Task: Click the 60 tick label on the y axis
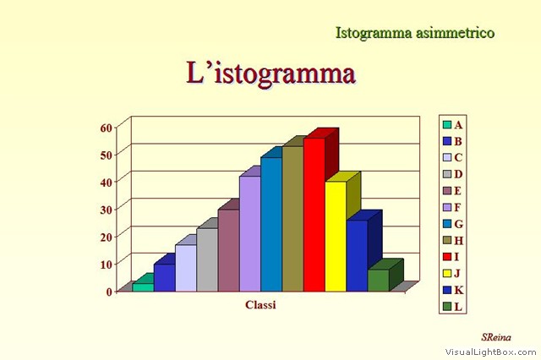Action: (107, 128)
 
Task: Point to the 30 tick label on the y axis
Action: (107, 210)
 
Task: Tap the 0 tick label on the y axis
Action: (109, 292)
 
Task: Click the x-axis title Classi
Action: (260, 305)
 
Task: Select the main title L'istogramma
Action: (271, 74)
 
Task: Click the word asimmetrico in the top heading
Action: (455, 33)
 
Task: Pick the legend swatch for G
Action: (447, 224)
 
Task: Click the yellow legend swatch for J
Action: (447, 274)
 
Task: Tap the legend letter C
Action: (458, 157)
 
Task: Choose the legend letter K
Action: (458, 290)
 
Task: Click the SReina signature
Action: (496, 337)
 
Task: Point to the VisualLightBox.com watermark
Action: (490, 352)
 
